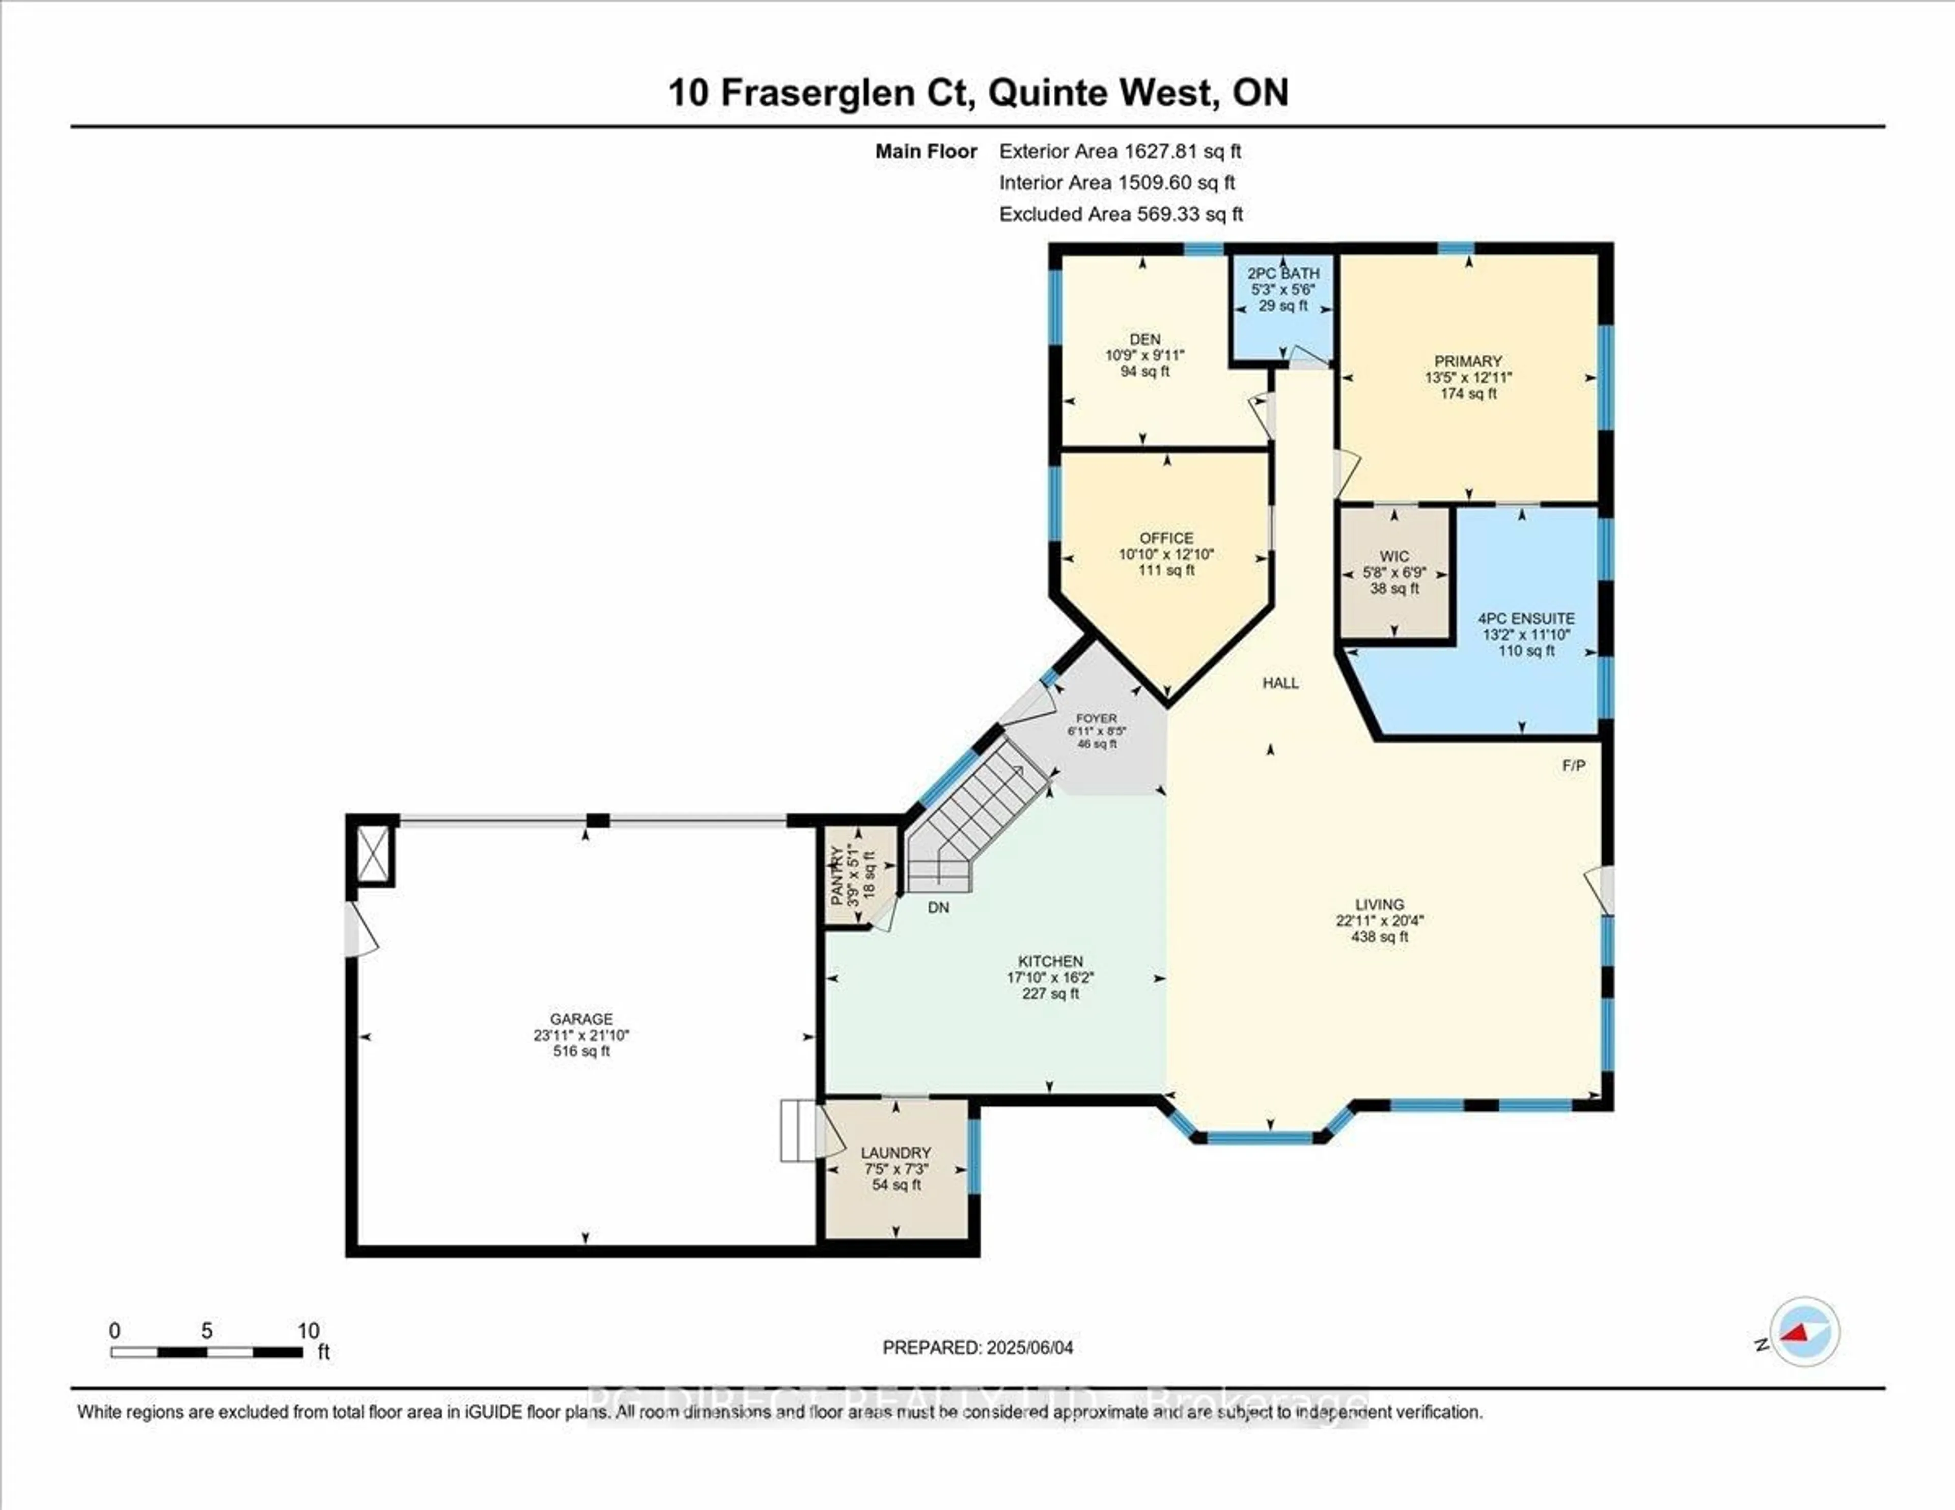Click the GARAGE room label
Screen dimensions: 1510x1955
pos(581,1019)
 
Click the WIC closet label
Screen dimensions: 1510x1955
pos(1394,556)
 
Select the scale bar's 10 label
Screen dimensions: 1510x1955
pos(308,1331)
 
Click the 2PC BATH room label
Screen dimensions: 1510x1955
pos(1283,273)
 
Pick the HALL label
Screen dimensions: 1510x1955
pos(1280,683)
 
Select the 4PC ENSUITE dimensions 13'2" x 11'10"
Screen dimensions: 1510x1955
pos(1526,635)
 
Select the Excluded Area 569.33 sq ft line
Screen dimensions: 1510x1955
pos(1120,214)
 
